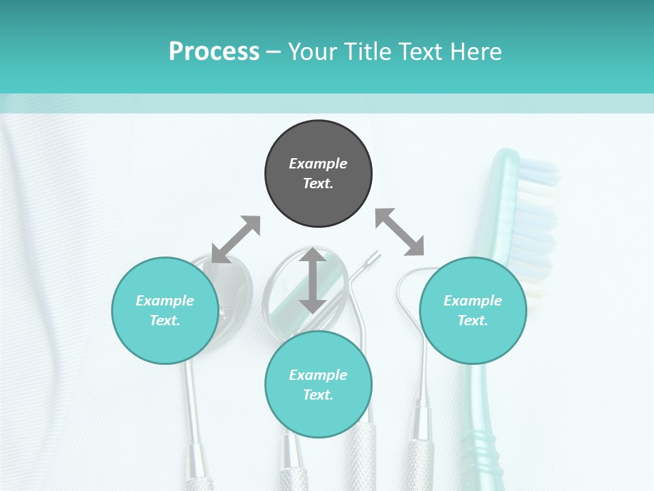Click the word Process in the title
[214, 52]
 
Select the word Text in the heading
[420, 52]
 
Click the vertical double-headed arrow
[313, 280]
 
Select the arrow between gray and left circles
[236, 239]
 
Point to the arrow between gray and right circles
[400, 232]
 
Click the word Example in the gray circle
[318, 164]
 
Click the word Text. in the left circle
[165, 321]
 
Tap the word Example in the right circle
[473, 301]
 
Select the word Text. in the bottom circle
[318, 395]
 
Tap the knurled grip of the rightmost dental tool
[420, 464]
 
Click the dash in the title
[273, 53]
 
